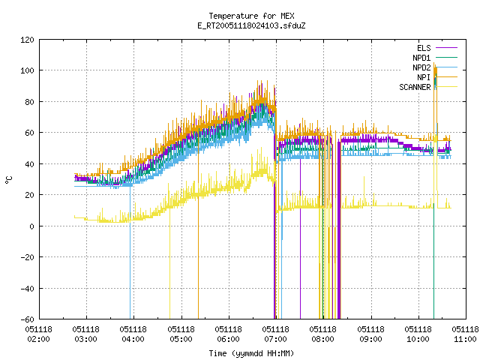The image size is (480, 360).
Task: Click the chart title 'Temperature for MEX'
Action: coord(251,16)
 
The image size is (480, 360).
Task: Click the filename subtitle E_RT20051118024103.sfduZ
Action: coord(251,25)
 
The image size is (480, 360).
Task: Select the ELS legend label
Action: coord(424,48)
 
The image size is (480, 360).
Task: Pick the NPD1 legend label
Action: coord(421,58)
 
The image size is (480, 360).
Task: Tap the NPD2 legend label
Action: coord(421,67)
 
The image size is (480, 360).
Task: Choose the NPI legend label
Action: coord(424,77)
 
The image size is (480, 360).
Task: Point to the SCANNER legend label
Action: coord(415,87)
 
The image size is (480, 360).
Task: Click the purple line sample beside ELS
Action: coord(447,48)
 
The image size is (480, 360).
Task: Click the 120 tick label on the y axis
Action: coord(27,40)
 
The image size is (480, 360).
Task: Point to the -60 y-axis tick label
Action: coord(27,319)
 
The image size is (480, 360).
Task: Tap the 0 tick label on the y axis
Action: coord(31,226)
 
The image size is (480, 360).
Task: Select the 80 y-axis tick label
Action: coord(30,102)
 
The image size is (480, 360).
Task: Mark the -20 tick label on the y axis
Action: coord(27,257)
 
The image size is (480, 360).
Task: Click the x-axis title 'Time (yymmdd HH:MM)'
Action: coord(251,353)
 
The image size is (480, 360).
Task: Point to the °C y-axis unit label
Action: coord(8,180)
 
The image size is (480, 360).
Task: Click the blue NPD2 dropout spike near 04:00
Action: coord(130,252)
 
